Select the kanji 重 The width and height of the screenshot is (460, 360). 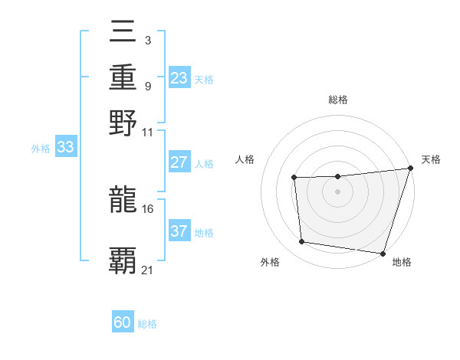(123, 79)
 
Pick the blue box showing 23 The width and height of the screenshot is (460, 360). (179, 77)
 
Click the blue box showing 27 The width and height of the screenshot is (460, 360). (179, 162)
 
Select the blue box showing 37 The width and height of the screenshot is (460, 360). (179, 231)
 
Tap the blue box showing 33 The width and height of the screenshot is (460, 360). (64, 147)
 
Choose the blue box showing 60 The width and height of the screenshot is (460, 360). (123, 322)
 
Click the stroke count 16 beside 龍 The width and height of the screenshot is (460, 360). (148, 208)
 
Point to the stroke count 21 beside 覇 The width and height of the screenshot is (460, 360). (148, 270)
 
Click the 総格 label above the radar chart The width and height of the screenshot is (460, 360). (338, 100)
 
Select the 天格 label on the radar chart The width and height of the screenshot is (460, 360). (431, 159)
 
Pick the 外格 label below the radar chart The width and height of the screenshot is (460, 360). (270, 262)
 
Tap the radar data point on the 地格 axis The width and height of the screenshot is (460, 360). (383, 253)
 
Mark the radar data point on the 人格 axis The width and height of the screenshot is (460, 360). (294, 178)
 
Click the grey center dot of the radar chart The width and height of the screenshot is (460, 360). (338, 191)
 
